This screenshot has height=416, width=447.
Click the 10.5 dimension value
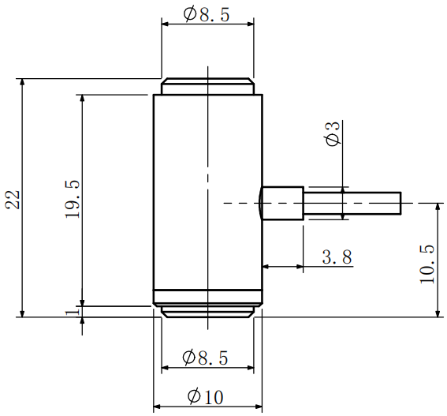pos(427,263)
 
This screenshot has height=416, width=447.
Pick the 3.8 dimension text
pos(337,257)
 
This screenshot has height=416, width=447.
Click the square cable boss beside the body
pos(282,203)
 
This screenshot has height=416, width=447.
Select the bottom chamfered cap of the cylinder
pos(207,312)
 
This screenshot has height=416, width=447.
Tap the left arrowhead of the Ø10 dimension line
pos(156,407)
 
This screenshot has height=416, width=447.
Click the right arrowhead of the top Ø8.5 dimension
pos(250,24)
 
